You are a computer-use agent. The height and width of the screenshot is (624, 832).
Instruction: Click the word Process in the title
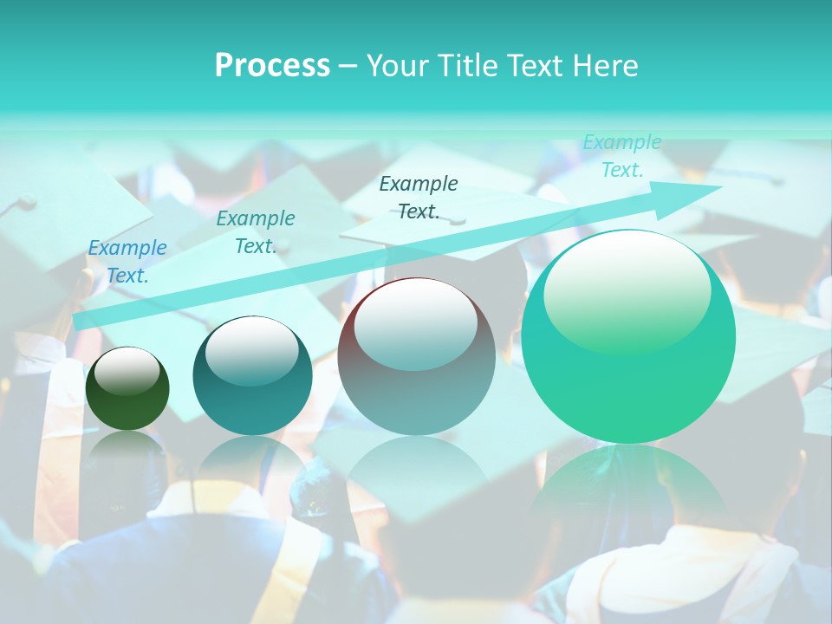pos(272,66)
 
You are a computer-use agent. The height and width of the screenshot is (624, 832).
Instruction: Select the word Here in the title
pos(605,66)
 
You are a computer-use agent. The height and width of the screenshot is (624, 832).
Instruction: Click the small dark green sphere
pos(127,389)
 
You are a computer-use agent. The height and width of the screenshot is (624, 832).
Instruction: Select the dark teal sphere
pos(252,376)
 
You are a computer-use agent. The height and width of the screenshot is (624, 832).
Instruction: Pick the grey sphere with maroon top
pos(416,357)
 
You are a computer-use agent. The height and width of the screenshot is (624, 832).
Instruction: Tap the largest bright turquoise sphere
pos(628,338)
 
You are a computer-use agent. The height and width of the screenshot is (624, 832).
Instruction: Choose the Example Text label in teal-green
pos(256,232)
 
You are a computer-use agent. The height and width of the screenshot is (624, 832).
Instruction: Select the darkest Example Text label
pos(419,197)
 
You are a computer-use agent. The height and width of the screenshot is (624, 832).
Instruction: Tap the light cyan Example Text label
pos(622,156)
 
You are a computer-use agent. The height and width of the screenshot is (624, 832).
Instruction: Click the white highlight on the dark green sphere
pos(127,371)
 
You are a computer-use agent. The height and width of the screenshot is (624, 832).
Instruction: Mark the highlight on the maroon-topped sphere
pos(415,324)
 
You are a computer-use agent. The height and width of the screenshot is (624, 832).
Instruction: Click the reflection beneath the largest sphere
pos(628,494)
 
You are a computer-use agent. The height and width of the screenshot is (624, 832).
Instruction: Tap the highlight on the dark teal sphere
pos(251,349)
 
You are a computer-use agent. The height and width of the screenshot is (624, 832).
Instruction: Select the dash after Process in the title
pos(348,66)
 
